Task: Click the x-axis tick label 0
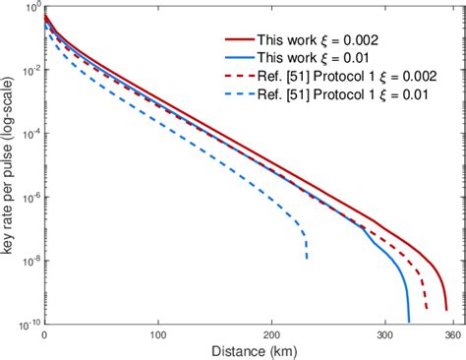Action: click(x=44, y=334)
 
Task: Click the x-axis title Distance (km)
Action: click(x=248, y=351)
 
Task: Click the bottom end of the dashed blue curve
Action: click(x=307, y=259)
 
